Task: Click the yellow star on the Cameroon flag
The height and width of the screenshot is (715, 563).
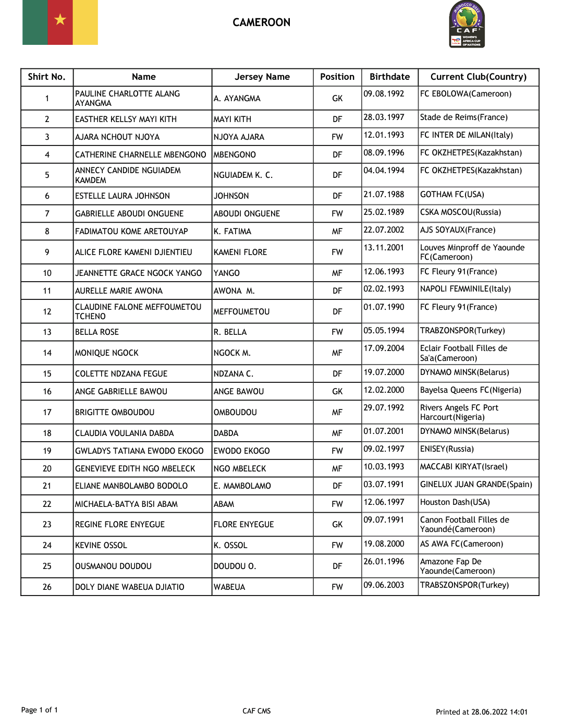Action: pos(60,20)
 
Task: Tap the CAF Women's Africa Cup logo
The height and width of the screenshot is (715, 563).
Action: pos(467,25)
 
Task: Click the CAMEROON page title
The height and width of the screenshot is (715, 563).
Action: pos(261,22)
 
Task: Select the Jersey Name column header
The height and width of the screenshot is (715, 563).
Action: pos(262,77)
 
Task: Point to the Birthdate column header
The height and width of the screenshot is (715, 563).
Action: pos(389,77)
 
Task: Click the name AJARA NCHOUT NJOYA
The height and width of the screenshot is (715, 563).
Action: pos(117,137)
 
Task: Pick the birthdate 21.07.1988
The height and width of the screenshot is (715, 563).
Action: pos(384,195)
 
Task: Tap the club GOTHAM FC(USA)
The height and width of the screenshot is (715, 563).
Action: pos(452,195)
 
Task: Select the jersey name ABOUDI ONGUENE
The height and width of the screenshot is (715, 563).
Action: pos(247,214)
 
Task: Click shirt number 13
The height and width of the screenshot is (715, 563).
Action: pos(47,332)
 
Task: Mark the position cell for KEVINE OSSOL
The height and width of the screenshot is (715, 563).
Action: pos(337,546)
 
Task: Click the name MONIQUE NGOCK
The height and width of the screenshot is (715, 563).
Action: pos(107,353)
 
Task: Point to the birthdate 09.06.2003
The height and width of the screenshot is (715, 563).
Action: pos(384,585)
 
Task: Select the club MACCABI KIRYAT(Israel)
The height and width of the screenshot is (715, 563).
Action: pos(463,467)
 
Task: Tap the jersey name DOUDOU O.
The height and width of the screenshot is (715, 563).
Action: pos(235,566)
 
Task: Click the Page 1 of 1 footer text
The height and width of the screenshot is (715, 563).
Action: pos(40,710)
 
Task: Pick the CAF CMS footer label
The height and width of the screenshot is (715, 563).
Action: pos(256,711)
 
